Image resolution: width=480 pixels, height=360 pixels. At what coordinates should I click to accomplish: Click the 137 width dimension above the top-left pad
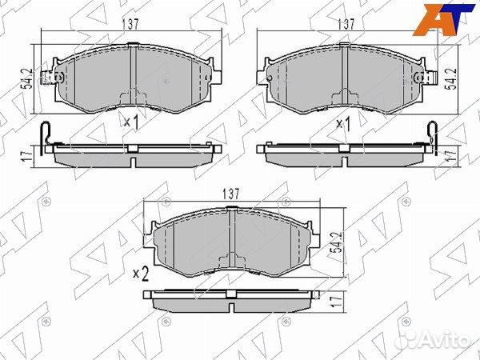130,25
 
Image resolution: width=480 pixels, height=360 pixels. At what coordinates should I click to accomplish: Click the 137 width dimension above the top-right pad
346,24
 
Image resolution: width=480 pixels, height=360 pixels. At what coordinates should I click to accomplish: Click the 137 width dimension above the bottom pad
231,194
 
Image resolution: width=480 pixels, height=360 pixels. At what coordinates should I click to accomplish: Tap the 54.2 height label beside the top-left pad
28,79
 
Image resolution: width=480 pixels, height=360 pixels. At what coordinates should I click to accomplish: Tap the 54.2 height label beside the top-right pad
450,79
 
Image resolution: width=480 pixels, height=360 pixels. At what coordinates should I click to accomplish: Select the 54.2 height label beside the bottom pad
337,242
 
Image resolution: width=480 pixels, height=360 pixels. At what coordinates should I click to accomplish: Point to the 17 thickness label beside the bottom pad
337,302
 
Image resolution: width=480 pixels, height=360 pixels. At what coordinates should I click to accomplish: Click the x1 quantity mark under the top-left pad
132,122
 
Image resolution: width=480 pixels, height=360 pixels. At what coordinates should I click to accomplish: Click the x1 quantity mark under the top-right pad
343,124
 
